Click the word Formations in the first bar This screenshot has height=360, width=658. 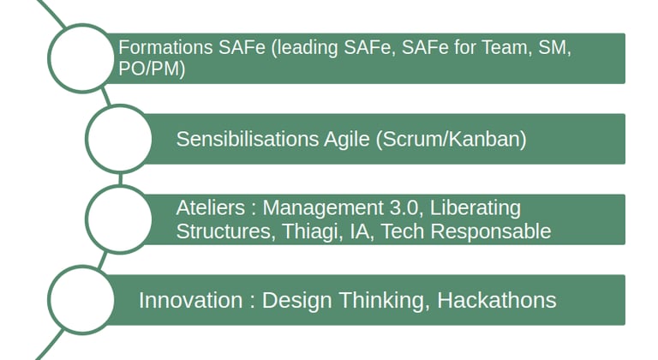165,47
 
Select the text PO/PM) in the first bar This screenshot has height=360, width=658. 152,69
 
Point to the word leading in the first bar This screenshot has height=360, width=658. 305,48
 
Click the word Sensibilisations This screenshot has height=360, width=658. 247,139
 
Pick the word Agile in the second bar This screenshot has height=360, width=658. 347,140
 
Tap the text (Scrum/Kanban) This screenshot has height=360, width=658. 452,140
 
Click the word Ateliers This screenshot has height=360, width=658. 210,207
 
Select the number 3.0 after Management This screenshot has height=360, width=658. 404,207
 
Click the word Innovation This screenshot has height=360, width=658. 190,300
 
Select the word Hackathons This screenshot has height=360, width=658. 497,300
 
